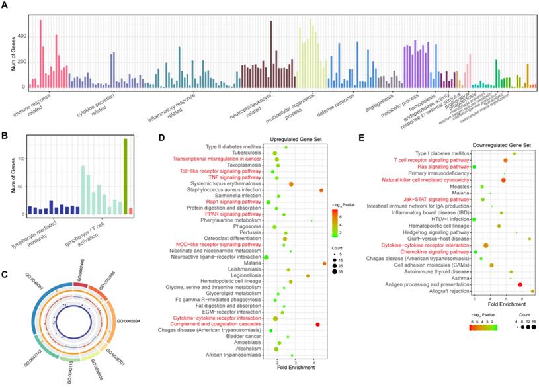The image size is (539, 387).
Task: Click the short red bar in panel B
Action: click(x=131, y=211)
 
